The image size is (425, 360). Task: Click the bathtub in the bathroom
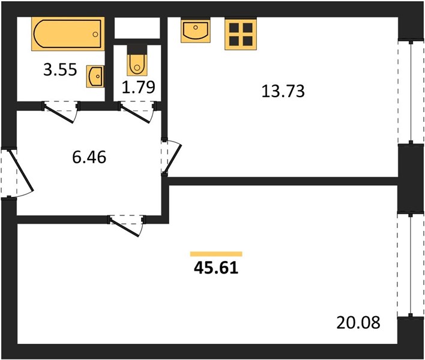68,34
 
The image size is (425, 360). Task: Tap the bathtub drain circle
95,34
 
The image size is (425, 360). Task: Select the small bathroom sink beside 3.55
95,76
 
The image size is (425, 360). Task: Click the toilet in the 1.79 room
137,63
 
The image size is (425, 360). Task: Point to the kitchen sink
196,30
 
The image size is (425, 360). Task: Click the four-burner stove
241,34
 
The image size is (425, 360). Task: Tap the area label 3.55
60,70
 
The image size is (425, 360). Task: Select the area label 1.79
139,87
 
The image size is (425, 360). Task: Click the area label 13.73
283,91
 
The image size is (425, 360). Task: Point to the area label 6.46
89,157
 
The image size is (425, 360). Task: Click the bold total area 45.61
216,268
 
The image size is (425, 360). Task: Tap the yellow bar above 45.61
216,254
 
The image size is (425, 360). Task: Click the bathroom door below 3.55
60,112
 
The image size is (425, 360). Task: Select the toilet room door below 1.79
137,112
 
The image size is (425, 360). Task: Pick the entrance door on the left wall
17,173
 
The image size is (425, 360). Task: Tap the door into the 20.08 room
127,226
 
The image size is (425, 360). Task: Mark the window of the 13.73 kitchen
411,92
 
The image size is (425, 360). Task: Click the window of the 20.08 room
411,265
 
